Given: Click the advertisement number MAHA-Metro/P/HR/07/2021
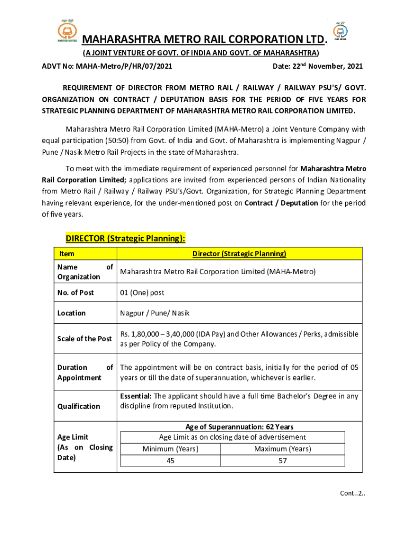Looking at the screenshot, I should [124, 67].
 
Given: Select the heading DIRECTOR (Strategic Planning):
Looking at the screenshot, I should [125, 238].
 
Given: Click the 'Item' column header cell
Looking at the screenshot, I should [67, 254].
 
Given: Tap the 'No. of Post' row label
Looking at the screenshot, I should [76, 293].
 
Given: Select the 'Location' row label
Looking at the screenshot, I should [71, 313].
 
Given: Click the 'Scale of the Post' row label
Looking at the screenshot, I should [85, 339].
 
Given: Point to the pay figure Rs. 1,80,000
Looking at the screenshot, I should [143, 334].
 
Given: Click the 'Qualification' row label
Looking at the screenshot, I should [79, 406].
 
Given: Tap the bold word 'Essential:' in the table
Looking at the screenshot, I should [136, 396].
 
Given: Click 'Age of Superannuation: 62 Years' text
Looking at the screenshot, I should [239, 427].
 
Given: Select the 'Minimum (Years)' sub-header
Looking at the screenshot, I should [171, 449].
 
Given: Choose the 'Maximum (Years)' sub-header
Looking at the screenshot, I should [283, 449].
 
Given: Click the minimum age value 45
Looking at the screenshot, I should [171, 461].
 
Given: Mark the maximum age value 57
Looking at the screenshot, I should [283, 461].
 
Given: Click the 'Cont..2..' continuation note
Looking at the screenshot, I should [353, 493].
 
